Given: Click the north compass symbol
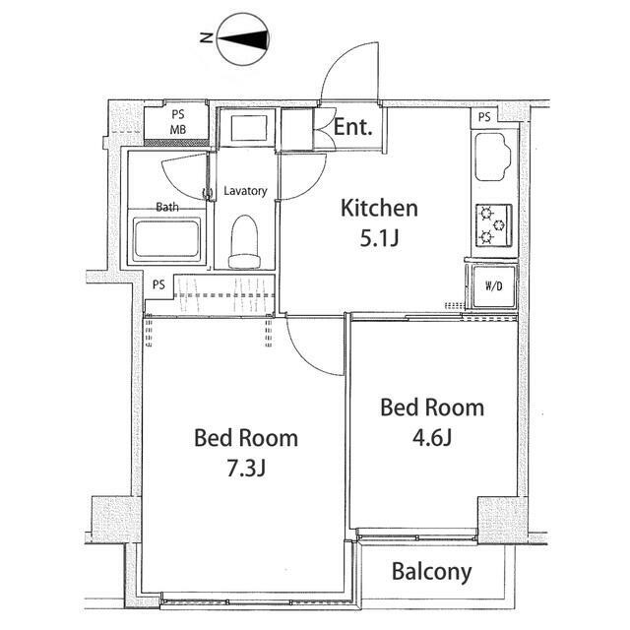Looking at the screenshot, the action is click(243, 39).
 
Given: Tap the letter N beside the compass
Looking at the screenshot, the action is click(207, 38).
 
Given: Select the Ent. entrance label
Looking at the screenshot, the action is click(353, 127).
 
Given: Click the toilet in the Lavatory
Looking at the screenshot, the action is click(244, 241).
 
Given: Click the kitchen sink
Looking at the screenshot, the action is click(492, 157).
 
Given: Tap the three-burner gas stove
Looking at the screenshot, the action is click(494, 225).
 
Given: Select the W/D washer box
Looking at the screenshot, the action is click(494, 286).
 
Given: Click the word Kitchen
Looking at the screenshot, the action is click(379, 208).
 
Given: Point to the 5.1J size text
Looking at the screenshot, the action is click(379, 238).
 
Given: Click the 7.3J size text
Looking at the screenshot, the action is click(246, 468).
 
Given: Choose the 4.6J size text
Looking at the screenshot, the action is click(432, 437).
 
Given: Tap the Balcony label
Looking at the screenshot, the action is click(431, 572).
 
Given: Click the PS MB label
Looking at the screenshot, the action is click(178, 122).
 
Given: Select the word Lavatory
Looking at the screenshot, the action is click(245, 191).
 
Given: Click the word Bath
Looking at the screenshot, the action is click(167, 208).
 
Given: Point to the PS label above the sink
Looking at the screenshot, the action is click(484, 117).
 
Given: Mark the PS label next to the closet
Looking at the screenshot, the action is click(158, 284).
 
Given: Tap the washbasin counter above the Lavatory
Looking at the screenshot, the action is click(249, 128).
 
